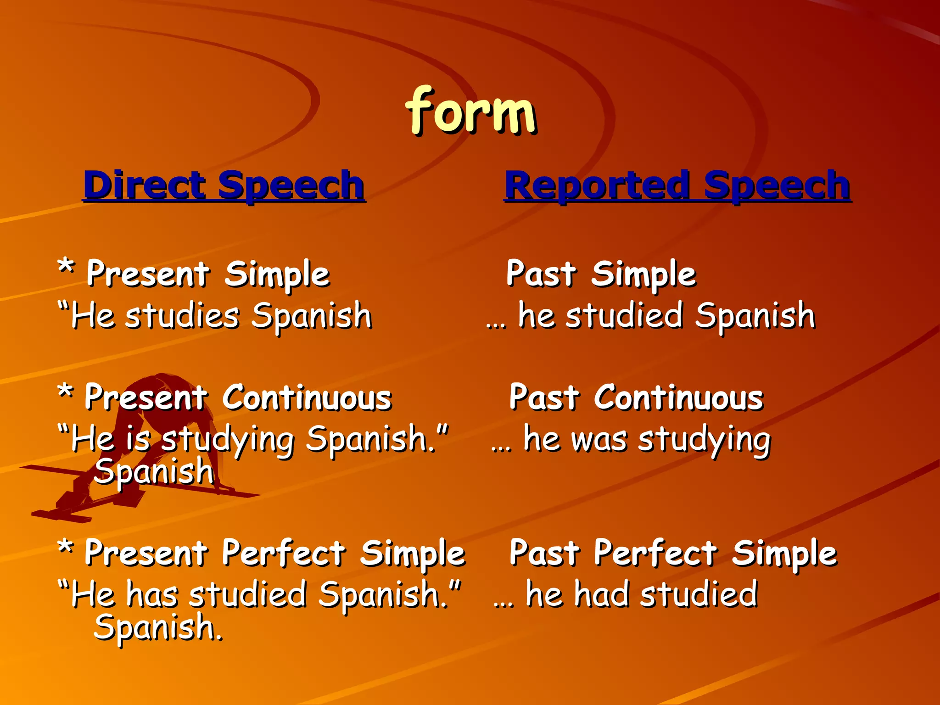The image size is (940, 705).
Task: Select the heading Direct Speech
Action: [224, 185]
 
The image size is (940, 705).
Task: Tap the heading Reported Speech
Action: [677, 185]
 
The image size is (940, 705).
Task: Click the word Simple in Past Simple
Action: [643, 275]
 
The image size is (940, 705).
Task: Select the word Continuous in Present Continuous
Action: [307, 398]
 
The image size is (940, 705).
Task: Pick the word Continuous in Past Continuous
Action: [678, 398]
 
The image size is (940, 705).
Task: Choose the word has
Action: [151, 594]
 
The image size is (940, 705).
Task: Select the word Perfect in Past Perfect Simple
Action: [655, 553]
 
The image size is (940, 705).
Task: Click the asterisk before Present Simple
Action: [66, 266]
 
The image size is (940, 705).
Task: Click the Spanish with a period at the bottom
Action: [158, 628]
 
